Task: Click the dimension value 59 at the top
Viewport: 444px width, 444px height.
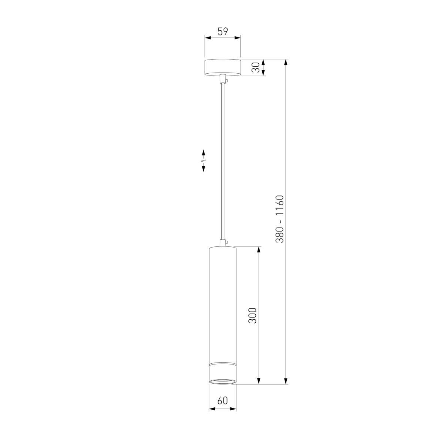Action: (x=223, y=31)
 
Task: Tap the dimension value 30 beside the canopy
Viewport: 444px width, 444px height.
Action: (x=256, y=67)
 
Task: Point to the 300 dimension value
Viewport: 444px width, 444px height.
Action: (x=253, y=316)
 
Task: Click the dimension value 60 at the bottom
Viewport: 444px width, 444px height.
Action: (x=223, y=400)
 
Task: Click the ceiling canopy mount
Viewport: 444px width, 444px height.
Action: (x=223, y=68)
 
